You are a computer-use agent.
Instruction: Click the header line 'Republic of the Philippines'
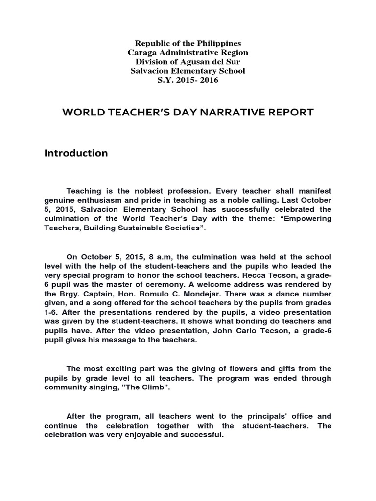coord(188,44)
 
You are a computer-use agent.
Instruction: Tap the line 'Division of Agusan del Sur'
coord(188,62)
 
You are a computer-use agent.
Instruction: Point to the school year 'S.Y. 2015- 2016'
coord(188,80)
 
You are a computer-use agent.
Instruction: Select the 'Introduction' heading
coord(76,153)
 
